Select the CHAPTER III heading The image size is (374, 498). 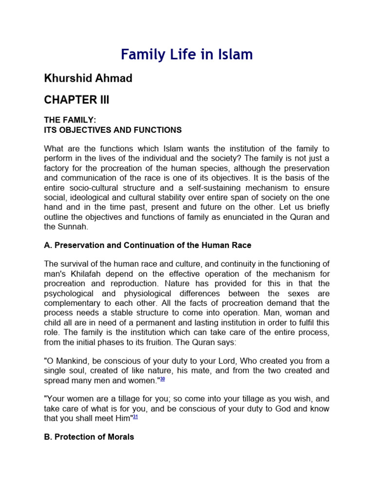(x=77, y=100)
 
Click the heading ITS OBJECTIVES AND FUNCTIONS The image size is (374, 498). (x=113, y=130)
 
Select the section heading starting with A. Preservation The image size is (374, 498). (x=148, y=245)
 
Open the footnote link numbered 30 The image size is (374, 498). (x=163, y=379)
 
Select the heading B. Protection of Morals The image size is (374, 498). (x=89, y=437)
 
